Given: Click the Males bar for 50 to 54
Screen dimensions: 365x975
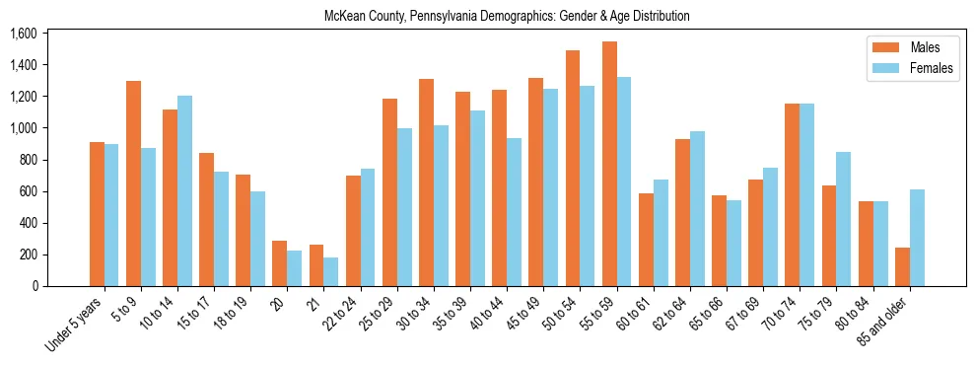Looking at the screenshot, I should pyautogui.click(x=573, y=168).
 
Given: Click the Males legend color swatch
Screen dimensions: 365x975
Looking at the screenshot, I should pyautogui.click(x=880, y=47).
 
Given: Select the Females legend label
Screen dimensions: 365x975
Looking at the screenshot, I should pyautogui.click(x=932, y=70).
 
